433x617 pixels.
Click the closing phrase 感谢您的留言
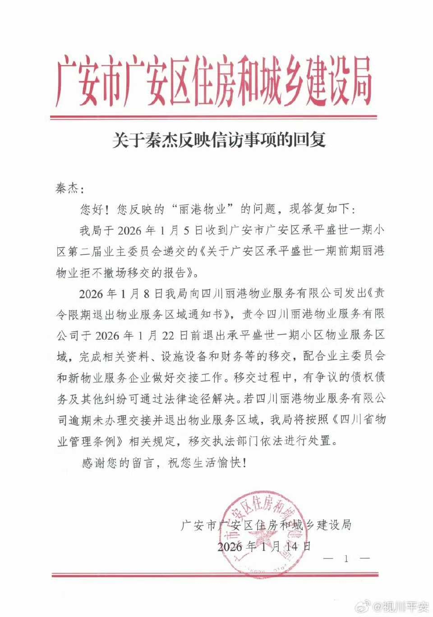point(115,463)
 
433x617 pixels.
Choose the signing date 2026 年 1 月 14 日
point(264,546)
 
